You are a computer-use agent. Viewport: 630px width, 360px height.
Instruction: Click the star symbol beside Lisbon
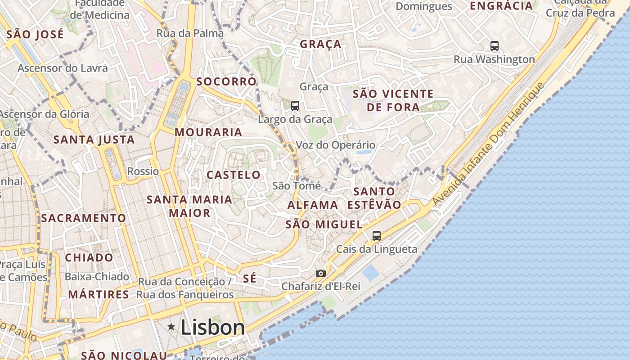point(171,327)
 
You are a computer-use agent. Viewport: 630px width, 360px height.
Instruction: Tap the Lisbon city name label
point(213,327)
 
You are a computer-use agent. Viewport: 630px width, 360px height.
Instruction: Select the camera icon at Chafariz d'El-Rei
point(320,273)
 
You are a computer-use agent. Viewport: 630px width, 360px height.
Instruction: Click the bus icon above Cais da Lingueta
point(376,235)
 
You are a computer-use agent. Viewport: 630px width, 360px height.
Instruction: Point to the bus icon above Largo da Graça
point(295,106)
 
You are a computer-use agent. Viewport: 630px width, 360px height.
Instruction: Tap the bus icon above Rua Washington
point(494,45)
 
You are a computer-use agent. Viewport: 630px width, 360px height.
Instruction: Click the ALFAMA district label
point(313,205)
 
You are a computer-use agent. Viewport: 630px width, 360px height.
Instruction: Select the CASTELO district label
point(234,175)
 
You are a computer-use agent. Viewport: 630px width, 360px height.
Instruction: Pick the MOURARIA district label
point(208,132)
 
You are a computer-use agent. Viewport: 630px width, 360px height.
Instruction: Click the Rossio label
point(143,171)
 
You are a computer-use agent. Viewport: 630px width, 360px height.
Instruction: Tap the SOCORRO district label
point(226,81)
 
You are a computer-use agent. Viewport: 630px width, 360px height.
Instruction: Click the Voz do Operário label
point(335,145)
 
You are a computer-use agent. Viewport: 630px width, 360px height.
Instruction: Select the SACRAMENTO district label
point(84,218)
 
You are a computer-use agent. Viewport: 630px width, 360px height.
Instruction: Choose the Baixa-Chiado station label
point(97,276)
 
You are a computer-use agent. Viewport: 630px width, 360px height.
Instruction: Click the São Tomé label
point(297,185)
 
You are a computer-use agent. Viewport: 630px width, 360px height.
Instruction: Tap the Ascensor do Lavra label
point(63,68)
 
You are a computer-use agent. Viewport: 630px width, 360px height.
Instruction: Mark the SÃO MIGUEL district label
point(324,224)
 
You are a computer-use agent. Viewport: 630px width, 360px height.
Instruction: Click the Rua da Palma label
point(190,33)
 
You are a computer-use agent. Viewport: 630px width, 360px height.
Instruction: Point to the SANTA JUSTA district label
point(94,139)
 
